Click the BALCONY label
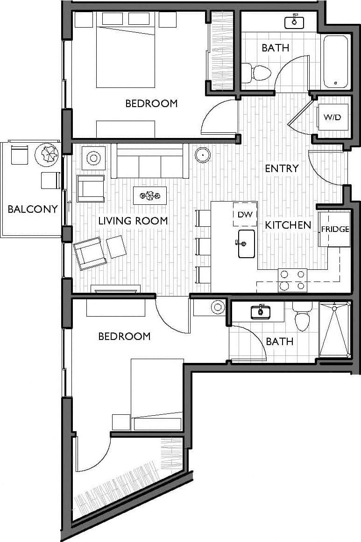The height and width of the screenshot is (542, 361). (33, 209)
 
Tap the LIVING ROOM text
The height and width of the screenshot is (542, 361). (133, 221)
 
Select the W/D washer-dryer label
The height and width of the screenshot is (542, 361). (332, 117)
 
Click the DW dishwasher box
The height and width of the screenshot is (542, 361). (245, 215)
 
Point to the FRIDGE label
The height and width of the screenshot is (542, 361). (335, 229)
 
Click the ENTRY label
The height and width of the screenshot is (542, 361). (282, 168)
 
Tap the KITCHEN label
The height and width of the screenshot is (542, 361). (288, 225)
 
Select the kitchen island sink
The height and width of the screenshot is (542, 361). (246, 244)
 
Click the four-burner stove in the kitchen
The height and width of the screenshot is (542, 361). (292, 280)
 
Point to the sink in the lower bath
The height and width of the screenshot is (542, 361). (261, 312)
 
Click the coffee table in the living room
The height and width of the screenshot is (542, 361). (149, 195)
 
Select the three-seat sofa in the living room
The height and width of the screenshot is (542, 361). (149, 161)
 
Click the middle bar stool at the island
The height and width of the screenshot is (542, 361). (203, 246)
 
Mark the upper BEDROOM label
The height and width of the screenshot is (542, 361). (151, 103)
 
